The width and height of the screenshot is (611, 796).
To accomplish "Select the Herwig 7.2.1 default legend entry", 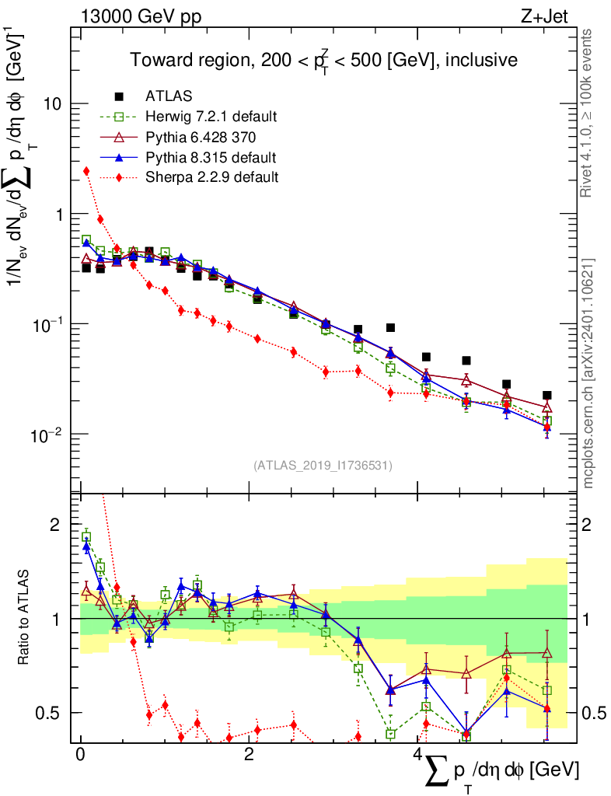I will pyautogui.click(x=211, y=117).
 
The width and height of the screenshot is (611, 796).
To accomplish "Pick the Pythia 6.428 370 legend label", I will pyautogui.click(x=201, y=137).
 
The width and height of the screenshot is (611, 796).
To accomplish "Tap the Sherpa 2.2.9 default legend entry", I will pyautogui.click(x=211, y=177).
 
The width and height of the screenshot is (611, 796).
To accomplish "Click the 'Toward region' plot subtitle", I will pyautogui.click(x=323, y=61).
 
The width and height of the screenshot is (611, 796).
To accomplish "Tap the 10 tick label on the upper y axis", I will pyautogui.click(x=53, y=104).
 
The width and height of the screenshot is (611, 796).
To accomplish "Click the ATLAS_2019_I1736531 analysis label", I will pyautogui.click(x=323, y=466).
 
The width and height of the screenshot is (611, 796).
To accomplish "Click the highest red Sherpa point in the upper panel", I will pyautogui.click(x=86, y=171).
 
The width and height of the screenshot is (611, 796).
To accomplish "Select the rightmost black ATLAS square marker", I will pyautogui.click(x=547, y=396).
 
